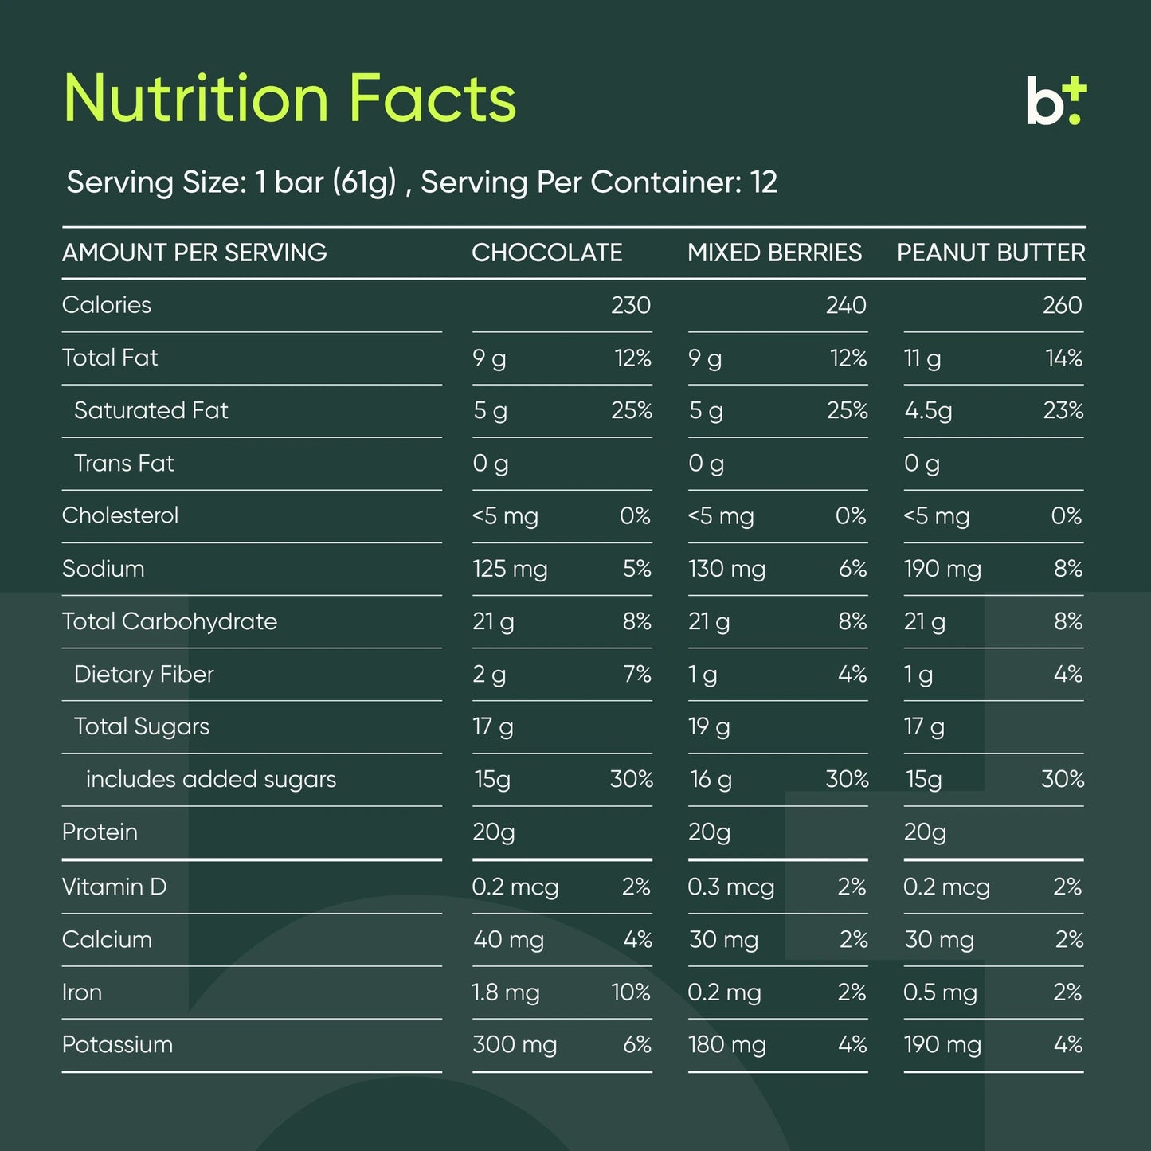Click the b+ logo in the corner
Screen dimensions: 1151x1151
(x=1055, y=101)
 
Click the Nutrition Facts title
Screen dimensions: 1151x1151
(x=290, y=99)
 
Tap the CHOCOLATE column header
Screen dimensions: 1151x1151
(x=546, y=253)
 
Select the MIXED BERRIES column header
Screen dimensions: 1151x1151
(x=774, y=253)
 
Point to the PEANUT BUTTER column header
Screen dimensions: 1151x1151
(x=991, y=253)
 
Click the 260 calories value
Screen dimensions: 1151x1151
(x=1062, y=305)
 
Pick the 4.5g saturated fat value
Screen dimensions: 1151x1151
(x=928, y=411)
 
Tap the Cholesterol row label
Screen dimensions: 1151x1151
(x=120, y=515)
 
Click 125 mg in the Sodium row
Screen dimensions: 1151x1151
(x=510, y=569)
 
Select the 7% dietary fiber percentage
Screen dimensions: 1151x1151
(x=637, y=674)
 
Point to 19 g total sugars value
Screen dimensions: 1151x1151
(x=709, y=726)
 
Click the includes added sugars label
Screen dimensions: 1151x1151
(x=211, y=779)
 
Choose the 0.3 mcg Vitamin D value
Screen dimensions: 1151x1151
(x=730, y=887)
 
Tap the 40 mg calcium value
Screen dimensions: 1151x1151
(x=508, y=939)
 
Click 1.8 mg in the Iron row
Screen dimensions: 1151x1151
(x=506, y=992)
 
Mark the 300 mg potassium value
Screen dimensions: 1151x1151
(x=515, y=1044)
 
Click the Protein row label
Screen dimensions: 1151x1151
(x=100, y=832)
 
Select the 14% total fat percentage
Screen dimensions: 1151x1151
(x=1063, y=358)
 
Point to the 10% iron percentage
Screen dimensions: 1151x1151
(x=631, y=992)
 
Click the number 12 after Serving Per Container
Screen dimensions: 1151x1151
(x=763, y=182)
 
